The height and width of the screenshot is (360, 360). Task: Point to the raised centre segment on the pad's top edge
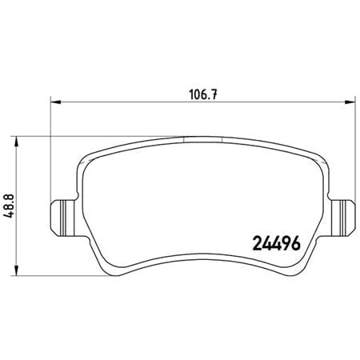(203, 137)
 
